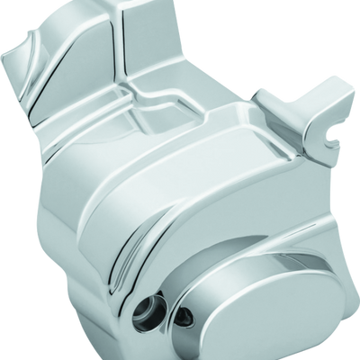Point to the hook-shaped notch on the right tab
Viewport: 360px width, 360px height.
[x=336, y=140]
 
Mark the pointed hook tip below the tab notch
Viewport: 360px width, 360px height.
[x=339, y=148]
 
